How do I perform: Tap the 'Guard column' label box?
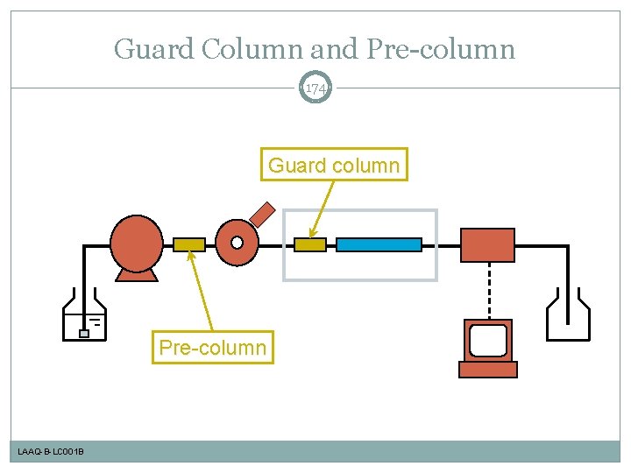click(x=334, y=165)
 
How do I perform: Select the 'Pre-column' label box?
click(x=212, y=348)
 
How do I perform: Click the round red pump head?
click(x=137, y=242)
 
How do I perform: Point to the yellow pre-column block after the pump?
click(x=189, y=245)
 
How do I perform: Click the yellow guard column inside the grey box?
click(x=310, y=245)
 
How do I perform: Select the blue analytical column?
click(x=379, y=245)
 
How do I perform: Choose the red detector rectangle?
click(x=488, y=244)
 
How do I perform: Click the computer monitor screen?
click(x=488, y=340)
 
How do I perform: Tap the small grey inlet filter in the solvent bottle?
click(x=84, y=333)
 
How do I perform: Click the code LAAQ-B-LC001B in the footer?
click(x=51, y=452)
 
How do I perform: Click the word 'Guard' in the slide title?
click(x=155, y=49)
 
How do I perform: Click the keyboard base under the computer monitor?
click(x=488, y=370)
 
